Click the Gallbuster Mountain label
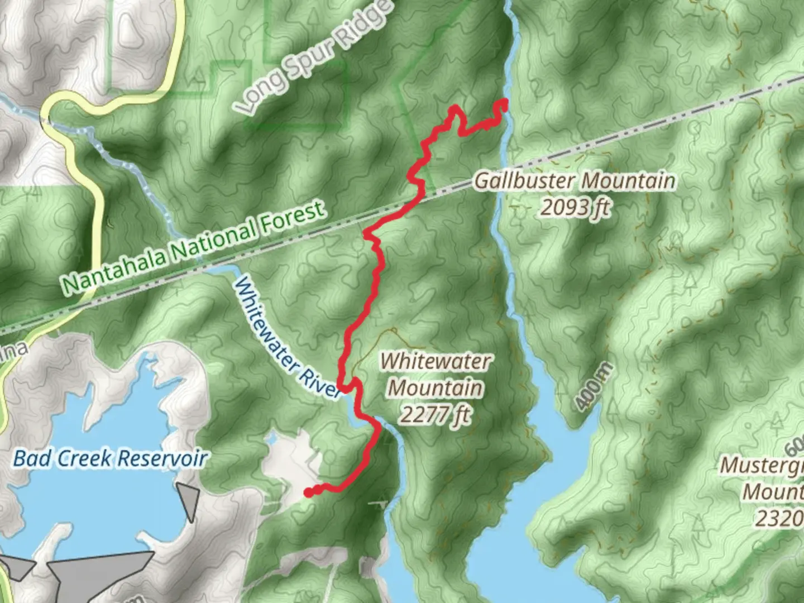(x=575, y=181)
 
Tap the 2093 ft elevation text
(x=575, y=208)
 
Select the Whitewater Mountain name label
(x=435, y=374)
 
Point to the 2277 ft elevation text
(x=435, y=414)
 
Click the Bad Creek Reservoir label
(x=110, y=459)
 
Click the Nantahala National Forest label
(x=193, y=246)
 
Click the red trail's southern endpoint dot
(x=307, y=492)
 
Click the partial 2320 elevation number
(x=779, y=519)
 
